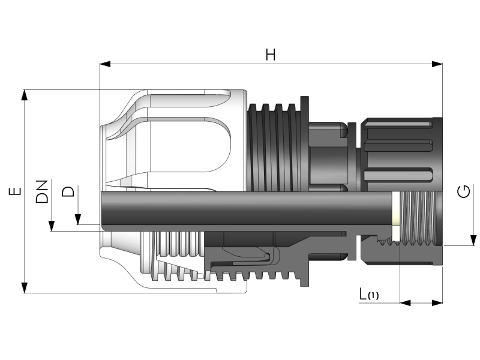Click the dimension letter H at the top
coord(271,55)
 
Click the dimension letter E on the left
coord(16,191)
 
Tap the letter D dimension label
coord(70,191)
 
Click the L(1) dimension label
coord(368,295)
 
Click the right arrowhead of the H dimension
coord(438,64)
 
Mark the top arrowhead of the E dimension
coord(25,95)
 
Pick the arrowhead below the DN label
coord(52,226)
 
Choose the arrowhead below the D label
coord(78,221)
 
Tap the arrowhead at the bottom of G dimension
coord(472,241)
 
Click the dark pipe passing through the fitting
coord(240,208)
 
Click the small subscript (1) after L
coord(374,296)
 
